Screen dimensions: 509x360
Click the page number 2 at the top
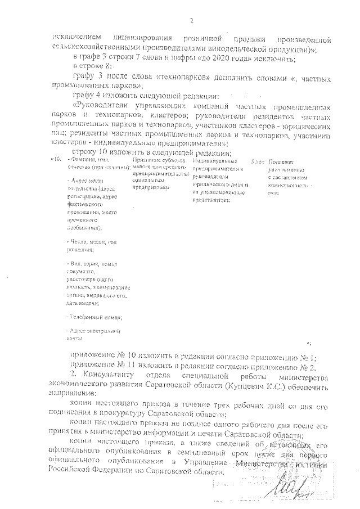pos(191,21)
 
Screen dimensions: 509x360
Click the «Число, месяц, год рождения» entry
pos(90,245)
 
